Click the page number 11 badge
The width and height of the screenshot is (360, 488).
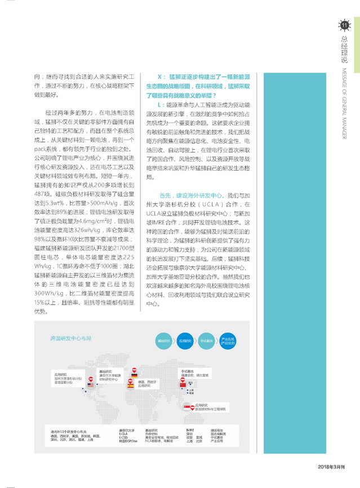[x=345, y=24]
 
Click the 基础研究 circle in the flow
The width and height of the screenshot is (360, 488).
[x=163, y=342]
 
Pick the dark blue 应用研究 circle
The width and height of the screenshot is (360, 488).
[x=185, y=342]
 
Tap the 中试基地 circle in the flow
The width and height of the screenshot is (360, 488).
[x=206, y=342]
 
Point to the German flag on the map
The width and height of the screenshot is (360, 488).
[x=134, y=375]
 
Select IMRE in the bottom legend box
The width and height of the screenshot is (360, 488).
[x=190, y=431]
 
